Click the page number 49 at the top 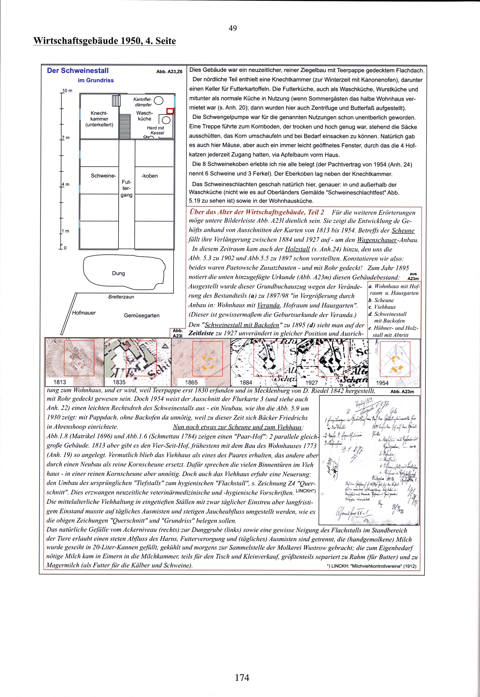(233, 28)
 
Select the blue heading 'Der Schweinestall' (78, 71)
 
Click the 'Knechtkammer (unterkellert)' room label (99, 119)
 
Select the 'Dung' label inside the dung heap (118, 273)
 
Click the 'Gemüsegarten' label (142, 316)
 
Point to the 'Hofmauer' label (84, 313)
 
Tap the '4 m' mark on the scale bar (66, 184)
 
